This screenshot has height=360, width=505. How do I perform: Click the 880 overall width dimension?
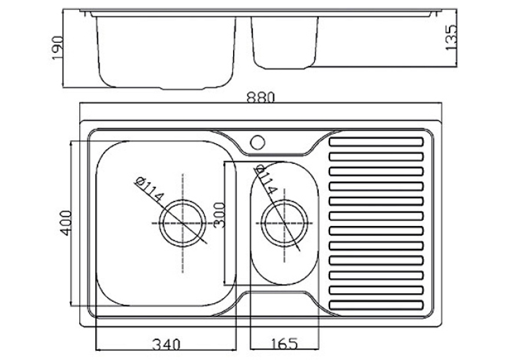[x=261, y=97]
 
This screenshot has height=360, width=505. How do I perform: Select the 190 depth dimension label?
[x=57, y=48]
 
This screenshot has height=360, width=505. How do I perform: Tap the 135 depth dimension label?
[x=451, y=38]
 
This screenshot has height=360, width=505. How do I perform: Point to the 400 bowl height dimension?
[x=66, y=223]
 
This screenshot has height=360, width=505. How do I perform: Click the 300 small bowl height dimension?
[x=220, y=215]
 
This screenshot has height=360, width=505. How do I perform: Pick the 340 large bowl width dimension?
[x=166, y=345]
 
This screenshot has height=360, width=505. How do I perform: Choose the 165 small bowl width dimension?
[x=284, y=344]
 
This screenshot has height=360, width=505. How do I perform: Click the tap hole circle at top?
[x=257, y=142]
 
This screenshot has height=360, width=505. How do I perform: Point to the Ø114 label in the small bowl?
[x=266, y=180]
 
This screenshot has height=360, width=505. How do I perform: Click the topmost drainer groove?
[x=376, y=142]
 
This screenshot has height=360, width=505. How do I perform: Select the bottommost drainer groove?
[x=376, y=305]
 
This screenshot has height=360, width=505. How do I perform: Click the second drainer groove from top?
[x=376, y=157]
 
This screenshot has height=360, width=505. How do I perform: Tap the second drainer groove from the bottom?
[x=376, y=291]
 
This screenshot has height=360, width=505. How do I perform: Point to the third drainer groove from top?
[x=376, y=172]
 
